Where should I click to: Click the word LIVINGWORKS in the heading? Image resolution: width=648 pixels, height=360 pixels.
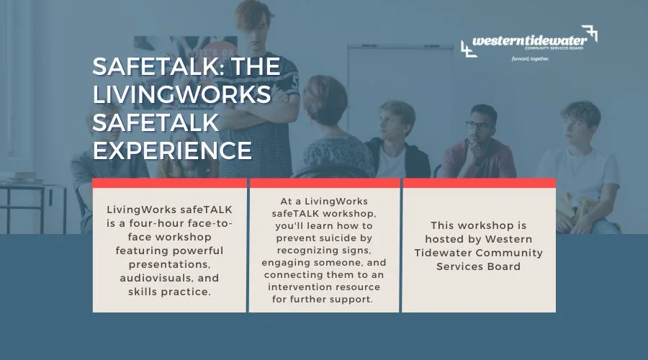[x=182, y=94]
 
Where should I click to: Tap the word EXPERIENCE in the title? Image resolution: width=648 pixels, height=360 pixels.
[x=172, y=150]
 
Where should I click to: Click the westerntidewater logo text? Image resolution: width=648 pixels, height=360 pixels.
[x=529, y=40]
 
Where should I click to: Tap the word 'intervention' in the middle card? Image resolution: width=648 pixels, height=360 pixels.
[x=296, y=287]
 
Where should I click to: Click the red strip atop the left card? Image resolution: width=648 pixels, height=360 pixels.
[x=169, y=183]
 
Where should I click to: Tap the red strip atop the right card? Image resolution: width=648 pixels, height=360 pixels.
[x=480, y=183]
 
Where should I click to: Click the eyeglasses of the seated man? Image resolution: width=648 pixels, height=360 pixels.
[x=478, y=125]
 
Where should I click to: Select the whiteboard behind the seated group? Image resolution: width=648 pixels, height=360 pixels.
[x=400, y=95]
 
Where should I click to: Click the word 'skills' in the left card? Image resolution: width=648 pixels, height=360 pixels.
[x=143, y=292]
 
